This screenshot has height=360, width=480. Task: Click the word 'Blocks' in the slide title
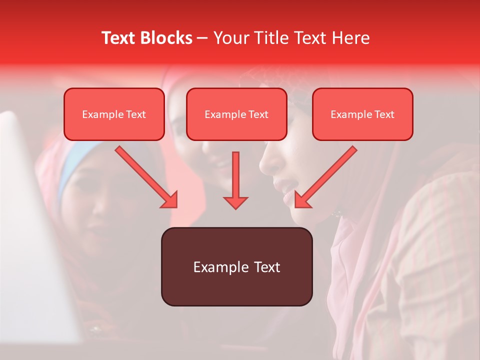click(167, 38)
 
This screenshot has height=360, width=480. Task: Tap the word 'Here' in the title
click(350, 38)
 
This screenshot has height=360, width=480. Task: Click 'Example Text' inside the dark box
click(236, 267)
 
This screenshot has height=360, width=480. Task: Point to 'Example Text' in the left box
click(114, 114)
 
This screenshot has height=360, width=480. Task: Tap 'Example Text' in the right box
click(362, 114)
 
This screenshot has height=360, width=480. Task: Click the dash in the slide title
click(202, 38)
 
